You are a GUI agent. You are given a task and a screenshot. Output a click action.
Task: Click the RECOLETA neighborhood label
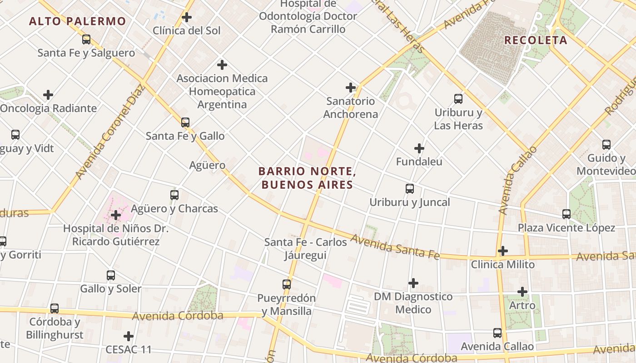click(x=536, y=40)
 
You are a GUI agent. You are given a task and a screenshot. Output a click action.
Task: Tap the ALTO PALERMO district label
click(x=77, y=21)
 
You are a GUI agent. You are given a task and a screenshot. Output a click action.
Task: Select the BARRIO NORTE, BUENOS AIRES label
click(x=306, y=178)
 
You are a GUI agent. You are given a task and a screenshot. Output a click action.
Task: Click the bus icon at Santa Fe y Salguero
click(x=86, y=39)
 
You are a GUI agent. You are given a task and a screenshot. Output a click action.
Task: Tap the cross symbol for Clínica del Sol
click(x=186, y=18)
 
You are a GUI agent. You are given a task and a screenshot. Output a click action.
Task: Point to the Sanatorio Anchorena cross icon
click(x=351, y=88)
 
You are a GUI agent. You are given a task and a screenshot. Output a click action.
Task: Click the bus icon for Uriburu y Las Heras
click(x=458, y=98)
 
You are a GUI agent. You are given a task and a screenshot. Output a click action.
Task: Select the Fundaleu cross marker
click(x=419, y=148)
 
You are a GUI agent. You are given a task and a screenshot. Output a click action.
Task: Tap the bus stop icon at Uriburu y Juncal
click(x=410, y=189)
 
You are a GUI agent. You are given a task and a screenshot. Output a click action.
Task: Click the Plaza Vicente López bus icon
click(x=566, y=214)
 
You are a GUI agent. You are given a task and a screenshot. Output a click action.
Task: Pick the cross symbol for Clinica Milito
click(x=503, y=251)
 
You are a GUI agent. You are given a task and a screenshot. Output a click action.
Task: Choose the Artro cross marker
click(x=522, y=292)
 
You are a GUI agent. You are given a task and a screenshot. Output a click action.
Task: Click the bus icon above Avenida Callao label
click(x=497, y=333)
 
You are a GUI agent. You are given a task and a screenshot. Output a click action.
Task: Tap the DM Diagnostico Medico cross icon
click(x=413, y=283)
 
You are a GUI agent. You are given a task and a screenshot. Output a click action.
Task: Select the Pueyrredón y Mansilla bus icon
click(x=287, y=285)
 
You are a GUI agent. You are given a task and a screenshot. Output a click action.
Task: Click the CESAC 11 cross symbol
click(x=129, y=336)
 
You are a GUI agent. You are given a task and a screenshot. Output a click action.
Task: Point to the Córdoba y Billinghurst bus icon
click(x=55, y=309)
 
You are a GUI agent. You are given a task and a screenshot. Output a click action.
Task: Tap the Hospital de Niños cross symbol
click(x=116, y=215)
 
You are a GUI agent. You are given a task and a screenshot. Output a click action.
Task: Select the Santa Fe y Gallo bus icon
click(x=185, y=123)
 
